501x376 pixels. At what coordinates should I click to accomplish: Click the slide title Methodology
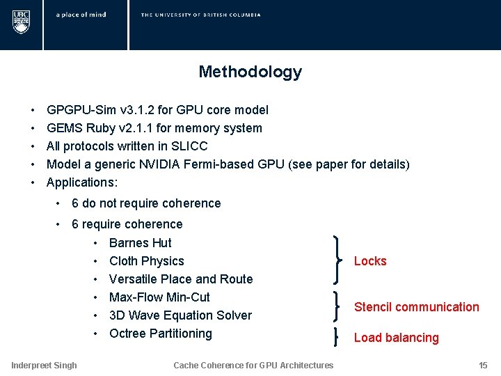point(250,72)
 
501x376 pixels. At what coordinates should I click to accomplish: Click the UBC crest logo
point(21,21)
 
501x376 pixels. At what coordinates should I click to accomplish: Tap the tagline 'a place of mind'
point(81,15)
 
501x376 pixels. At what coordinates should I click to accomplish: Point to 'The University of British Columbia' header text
point(200,15)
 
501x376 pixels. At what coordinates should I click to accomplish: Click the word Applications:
point(82,182)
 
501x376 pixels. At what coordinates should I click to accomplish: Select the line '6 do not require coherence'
point(146,203)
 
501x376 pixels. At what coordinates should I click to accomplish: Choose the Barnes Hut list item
point(140,243)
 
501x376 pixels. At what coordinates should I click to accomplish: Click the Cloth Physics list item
point(146,261)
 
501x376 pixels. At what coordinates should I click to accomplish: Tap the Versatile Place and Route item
point(181,279)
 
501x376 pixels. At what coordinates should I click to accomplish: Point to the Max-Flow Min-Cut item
point(159,297)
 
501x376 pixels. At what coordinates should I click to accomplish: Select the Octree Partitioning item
point(160,334)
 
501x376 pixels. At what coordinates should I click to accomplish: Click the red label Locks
point(370,261)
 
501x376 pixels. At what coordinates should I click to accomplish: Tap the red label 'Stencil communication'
point(416,307)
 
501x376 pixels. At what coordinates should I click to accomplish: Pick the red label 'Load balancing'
point(396,338)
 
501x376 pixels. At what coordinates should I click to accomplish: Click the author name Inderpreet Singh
point(44,365)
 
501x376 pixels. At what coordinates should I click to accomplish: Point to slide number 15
point(483,365)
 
